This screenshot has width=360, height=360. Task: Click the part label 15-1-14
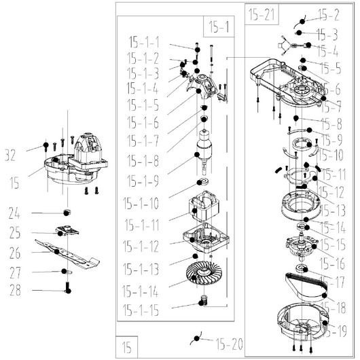point(141,291)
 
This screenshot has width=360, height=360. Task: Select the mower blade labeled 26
point(67,254)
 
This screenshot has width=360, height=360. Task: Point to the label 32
point(10,155)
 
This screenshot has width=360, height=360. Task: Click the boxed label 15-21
point(262,15)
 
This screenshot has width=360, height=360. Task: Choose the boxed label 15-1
point(219,26)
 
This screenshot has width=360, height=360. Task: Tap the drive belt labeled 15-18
point(306,287)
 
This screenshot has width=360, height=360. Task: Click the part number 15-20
point(229,344)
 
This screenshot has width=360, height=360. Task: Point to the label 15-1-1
point(144,42)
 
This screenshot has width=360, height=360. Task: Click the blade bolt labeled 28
point(68,287)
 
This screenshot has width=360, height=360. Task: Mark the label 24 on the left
point(14,213)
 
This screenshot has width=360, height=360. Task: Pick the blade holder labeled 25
point(67,230)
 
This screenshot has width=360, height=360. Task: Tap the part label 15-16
point(332,264)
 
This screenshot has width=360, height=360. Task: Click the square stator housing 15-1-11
point(204,206)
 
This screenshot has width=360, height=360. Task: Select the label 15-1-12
point(141,247)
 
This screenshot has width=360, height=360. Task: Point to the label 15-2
point(329,15)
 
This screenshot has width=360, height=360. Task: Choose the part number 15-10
point(331,155)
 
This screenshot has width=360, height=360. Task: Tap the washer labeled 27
point(68,272)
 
